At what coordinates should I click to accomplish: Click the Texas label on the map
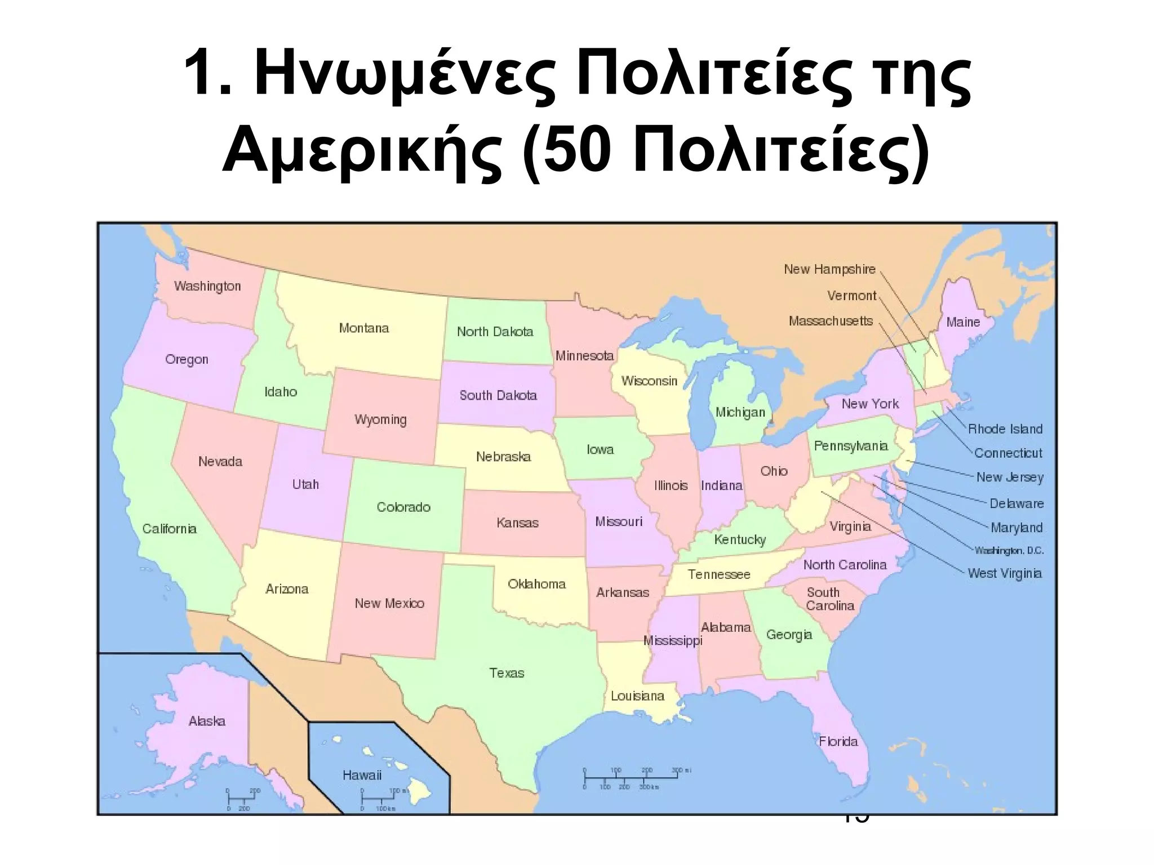pos(507,673)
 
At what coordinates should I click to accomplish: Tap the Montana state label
pos(364,328)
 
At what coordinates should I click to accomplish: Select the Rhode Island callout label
pos(1005,429)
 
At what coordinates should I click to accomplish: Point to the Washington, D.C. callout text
pos(1009,551)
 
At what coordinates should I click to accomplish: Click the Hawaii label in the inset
pos(362,775)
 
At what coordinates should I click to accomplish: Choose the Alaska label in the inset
pos(207,721)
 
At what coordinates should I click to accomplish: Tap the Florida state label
pos(838,742)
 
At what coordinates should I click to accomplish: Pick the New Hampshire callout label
pos(829,270)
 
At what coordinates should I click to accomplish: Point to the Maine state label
pos(963,322)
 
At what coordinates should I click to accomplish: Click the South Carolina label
pos(829,599)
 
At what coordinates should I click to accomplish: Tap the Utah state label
pos(305,484)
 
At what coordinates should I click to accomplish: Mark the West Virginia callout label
pos(1005,574)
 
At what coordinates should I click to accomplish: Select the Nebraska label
pos(503,457)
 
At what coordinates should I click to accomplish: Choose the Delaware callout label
pos(1017,503)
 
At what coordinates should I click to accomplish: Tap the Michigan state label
pos(740,412)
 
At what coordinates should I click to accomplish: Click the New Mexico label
pos(389,604)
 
